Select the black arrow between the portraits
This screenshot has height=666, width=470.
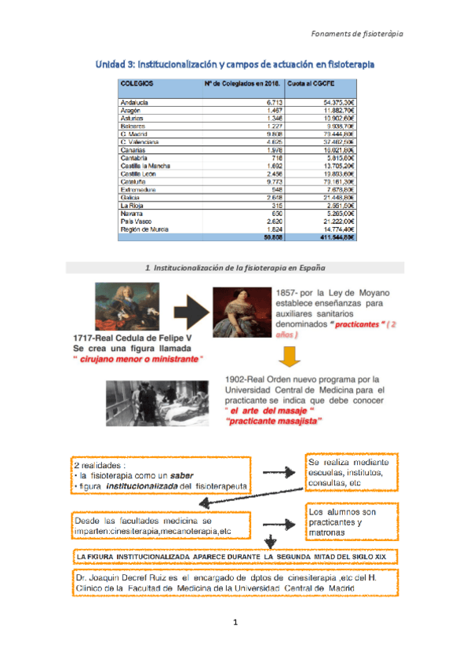click(187, 313)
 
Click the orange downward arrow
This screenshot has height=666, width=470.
click(290, 356)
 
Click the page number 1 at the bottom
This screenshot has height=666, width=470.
click(235, 623)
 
